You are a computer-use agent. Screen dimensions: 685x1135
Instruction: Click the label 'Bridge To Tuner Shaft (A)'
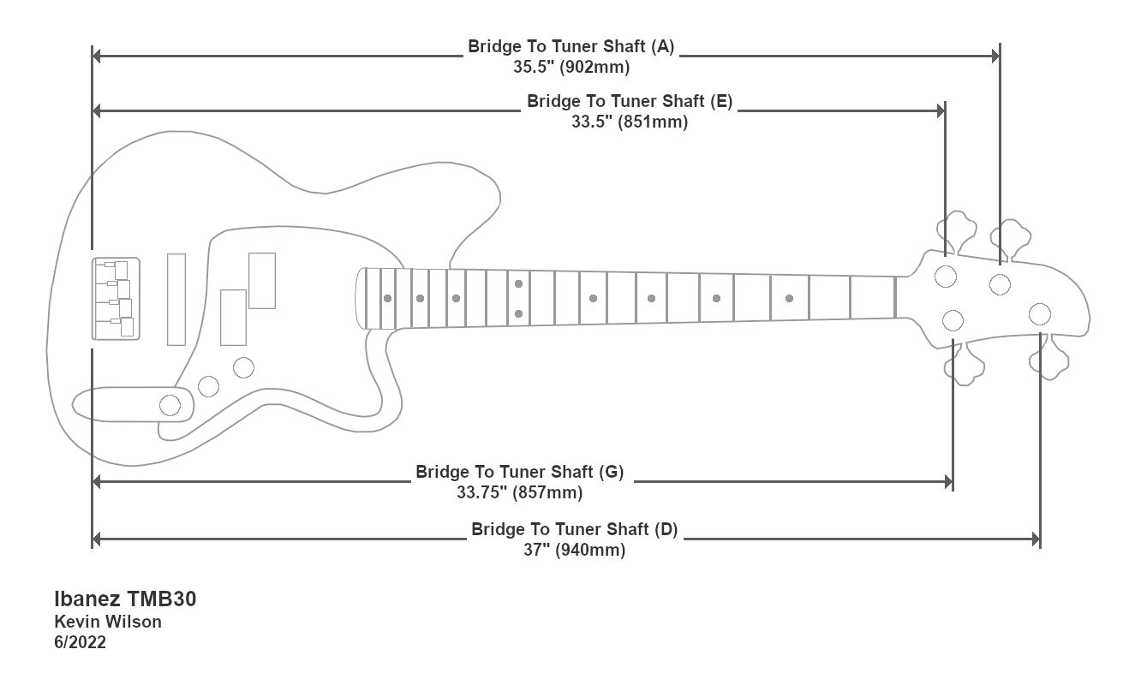570,46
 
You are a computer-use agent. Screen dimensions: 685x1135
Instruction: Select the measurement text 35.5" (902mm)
571,67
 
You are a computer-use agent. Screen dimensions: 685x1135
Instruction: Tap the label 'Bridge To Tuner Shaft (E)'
630,101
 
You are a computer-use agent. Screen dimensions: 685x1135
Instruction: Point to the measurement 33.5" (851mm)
630,122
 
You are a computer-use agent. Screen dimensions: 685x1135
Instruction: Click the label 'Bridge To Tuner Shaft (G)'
520,472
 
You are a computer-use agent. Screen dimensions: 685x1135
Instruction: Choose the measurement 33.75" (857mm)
520,492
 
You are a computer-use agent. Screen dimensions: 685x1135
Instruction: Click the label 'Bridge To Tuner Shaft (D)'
574,529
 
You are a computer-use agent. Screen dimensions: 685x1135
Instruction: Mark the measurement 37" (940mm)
574,550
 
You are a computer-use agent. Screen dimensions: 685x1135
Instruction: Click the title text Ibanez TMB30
125,599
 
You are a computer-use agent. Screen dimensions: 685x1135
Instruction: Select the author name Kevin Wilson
108,622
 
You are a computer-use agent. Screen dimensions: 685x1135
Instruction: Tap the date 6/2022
81,642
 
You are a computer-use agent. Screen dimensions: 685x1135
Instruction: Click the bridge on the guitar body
116,298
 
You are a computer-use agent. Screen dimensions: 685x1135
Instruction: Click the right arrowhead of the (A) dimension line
995,56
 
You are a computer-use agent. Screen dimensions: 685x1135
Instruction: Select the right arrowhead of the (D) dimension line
1036,539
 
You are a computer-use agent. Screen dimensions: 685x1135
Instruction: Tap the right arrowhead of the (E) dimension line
941,110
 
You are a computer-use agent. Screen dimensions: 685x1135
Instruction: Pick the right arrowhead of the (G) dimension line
948,482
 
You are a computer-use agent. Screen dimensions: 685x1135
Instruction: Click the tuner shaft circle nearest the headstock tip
1040,313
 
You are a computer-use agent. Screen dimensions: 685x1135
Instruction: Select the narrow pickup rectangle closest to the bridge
176,300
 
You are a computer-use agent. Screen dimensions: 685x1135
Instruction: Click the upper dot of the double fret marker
519,283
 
